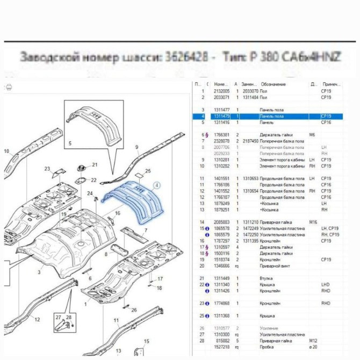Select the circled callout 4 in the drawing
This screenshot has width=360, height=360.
coord(156,185)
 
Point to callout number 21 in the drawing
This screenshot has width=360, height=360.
coord(95,165)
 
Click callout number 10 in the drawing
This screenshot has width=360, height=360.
coord(6,151)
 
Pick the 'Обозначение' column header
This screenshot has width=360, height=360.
coord(273,84)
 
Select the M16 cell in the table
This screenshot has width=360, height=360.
coord(313,222)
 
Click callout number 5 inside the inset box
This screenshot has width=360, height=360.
coord(69,144)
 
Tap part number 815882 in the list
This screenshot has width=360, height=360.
coord(222,341)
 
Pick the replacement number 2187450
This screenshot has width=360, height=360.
coord(250,141)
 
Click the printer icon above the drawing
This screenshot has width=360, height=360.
coord(9,87)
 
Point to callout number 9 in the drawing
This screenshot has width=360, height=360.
coord(136,147)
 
